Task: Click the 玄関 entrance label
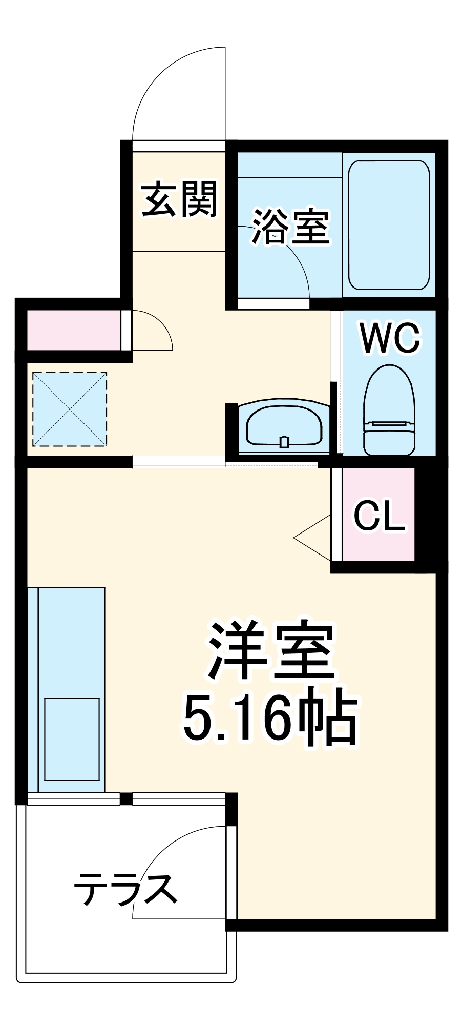click(179, 199)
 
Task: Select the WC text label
click(390, 338)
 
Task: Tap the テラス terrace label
click(125, 888)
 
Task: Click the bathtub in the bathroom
click(389, 225)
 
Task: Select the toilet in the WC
click(389, 410)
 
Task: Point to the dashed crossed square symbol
click(70, 409)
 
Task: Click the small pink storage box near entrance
click(73, 330)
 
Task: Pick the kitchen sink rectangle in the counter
click(72, 739)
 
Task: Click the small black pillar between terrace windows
click(126, 798)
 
